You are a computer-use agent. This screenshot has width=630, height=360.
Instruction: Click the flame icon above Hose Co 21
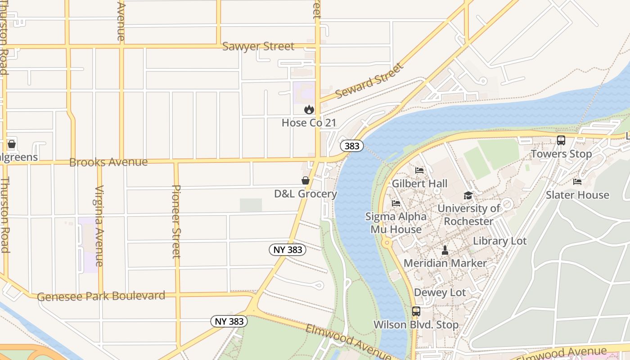309,109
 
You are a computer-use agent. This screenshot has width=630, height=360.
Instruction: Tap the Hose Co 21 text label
309,123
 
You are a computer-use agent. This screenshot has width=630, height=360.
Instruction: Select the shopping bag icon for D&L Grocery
306,181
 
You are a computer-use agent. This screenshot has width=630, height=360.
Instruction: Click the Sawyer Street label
258,46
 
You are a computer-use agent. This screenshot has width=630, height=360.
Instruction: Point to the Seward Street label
369,81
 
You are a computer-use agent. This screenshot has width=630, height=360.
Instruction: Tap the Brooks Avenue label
108,162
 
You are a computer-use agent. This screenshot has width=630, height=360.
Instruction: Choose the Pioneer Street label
176,221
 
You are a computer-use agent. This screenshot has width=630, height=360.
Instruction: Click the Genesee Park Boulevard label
101,296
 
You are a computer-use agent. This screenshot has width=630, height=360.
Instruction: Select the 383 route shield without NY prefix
351,146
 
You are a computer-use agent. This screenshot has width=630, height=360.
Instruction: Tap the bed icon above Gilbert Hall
419,171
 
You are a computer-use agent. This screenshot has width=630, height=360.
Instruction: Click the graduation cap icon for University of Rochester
468,196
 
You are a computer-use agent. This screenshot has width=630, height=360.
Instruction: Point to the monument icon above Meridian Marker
445,250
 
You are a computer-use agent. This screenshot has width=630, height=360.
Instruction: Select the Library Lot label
499,241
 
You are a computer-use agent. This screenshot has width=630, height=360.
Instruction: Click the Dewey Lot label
440,292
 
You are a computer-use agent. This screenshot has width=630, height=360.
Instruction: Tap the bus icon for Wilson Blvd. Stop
416,311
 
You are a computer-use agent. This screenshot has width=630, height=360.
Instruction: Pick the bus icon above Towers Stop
561,140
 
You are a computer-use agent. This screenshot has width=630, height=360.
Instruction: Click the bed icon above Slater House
577,182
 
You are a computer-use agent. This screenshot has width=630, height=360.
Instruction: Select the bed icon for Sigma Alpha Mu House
396,203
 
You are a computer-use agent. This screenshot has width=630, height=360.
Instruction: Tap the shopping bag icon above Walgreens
12,144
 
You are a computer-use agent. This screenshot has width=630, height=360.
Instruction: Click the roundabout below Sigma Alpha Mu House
387,243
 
